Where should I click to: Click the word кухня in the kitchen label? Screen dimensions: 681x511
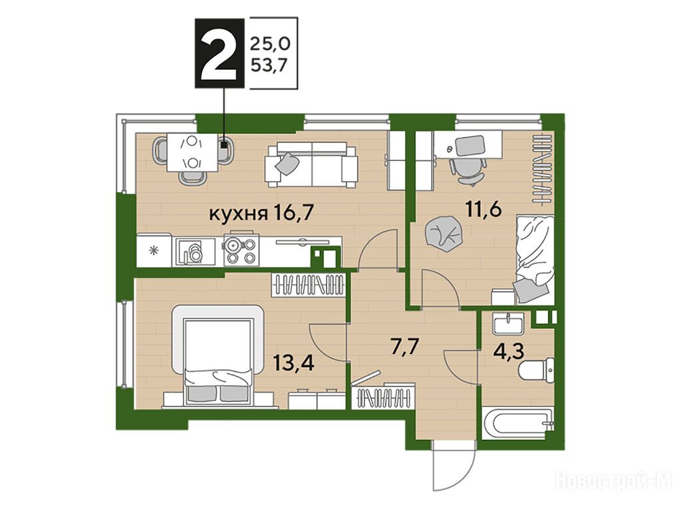(238, 214)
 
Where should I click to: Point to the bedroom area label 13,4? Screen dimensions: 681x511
(294, 363)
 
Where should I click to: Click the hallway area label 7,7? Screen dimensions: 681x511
(404, 347)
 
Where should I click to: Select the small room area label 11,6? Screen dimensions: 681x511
(484, 210)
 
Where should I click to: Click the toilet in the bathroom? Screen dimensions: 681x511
(537, 371)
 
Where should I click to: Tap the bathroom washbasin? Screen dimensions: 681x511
(507, 323)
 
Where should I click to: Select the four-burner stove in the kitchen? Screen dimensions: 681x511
(241, 251)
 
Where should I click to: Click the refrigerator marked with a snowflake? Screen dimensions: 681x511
(154, 250)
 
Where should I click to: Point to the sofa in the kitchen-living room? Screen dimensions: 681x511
(312, 164)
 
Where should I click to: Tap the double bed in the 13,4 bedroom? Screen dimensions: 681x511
(218, 357)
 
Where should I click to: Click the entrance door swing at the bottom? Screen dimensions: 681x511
(453, 469)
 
